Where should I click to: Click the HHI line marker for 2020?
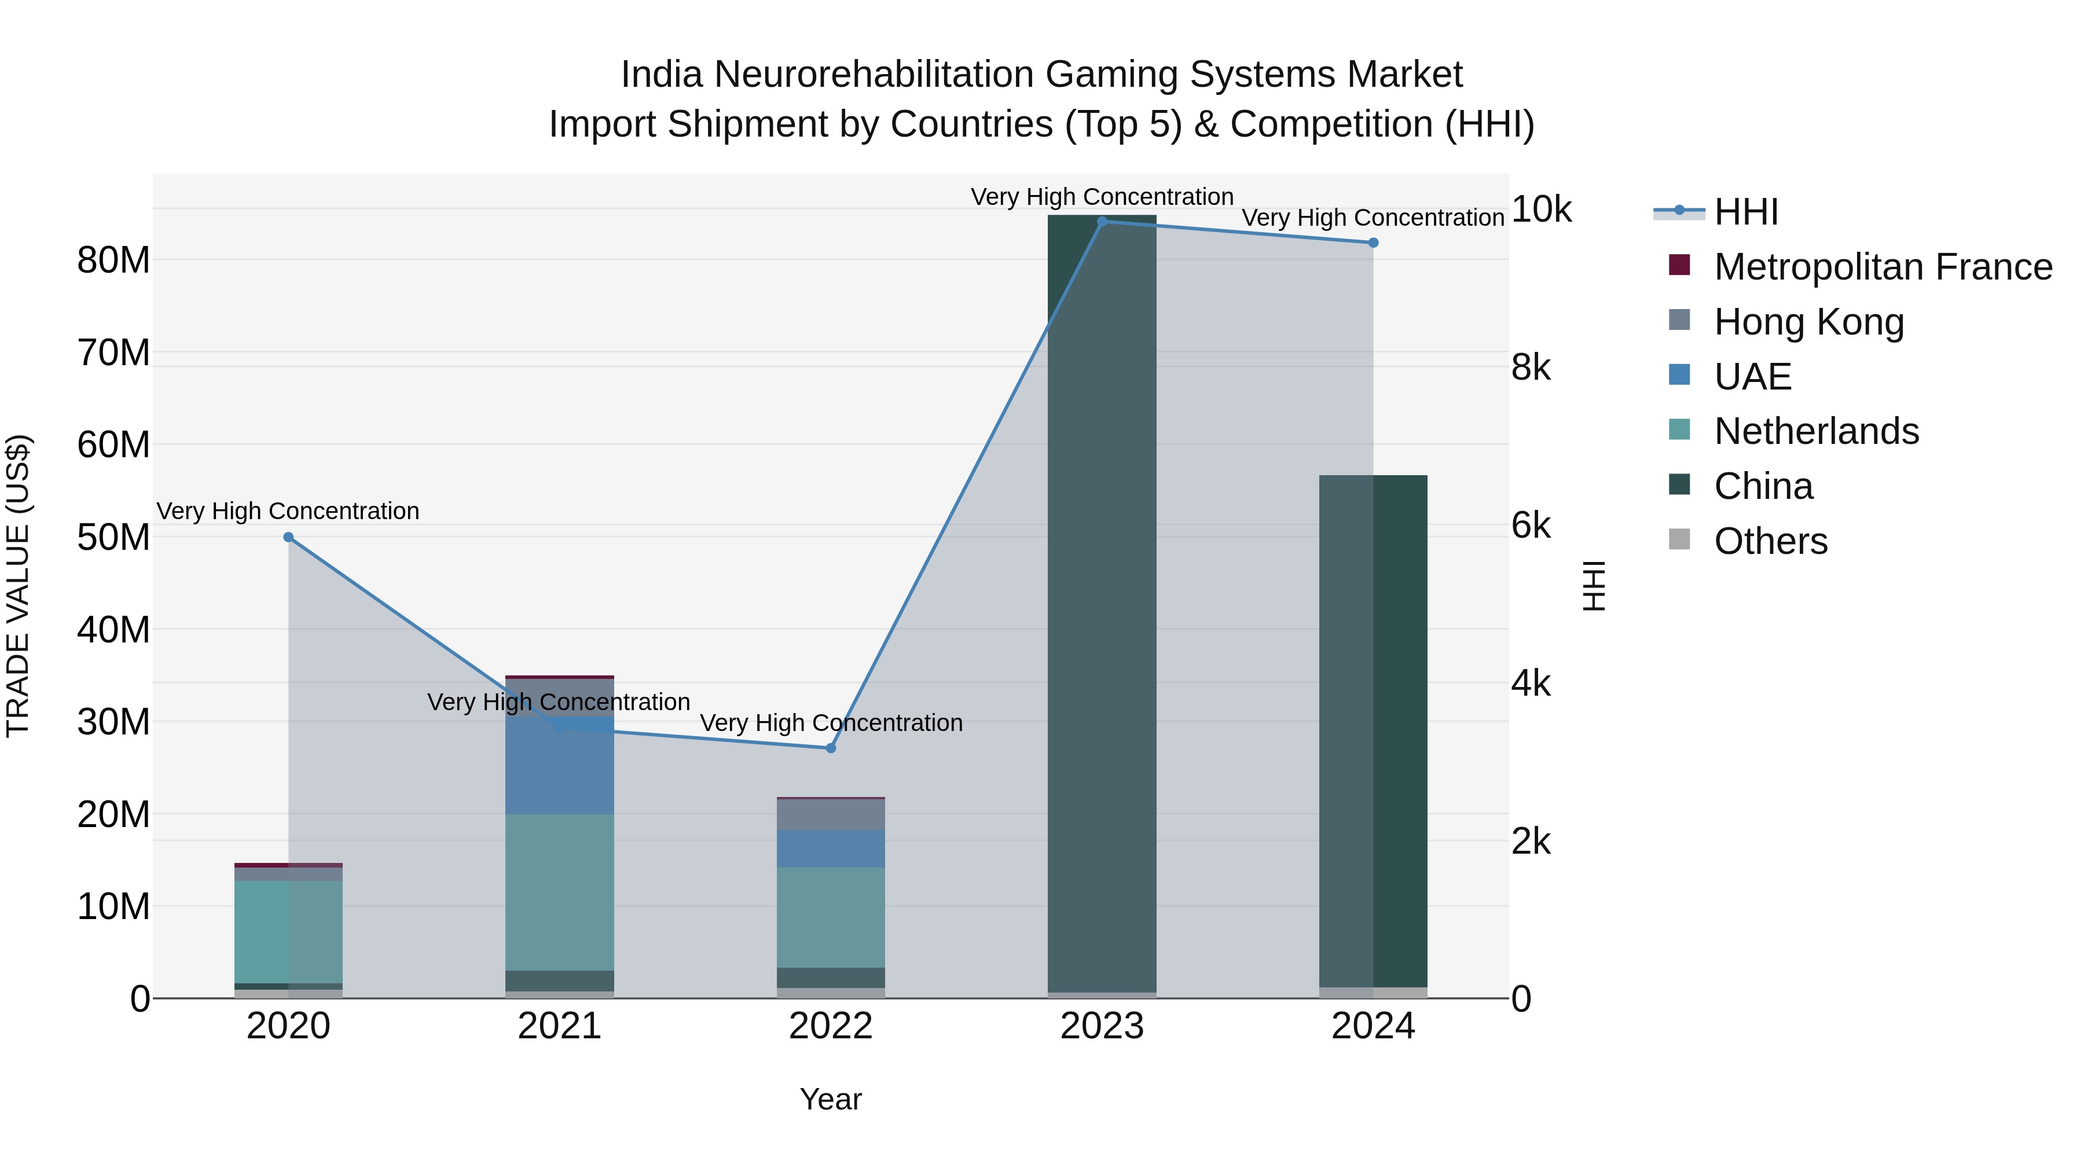pyautogui.click(x=288, y=537)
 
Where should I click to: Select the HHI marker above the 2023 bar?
pyautogui.click(x=1102, y=222)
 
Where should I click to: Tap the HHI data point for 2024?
pyautogui.click(x=1373, y=243)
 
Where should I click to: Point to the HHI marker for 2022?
pyautogui.click(x=830, y=748)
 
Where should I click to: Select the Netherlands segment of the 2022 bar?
pyautogui.click(x=830, y=917)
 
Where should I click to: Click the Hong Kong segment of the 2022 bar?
pyautogui.click(x=830, y=814)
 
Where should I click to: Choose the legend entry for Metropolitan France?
pyautogui.click(x=1883, y=267)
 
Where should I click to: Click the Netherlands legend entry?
pyautogui.click(x=1816, y=431)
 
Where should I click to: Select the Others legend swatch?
pyautogui.click(x=1679, y=539)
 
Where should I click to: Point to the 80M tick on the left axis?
pyautogui.click(x=113, y=260)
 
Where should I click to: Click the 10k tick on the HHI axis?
pyautogui.click(x=1540, y=210)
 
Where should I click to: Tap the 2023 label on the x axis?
pyautogui.click(x=1102, y=1026)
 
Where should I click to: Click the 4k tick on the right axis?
pyautogui.click(x=1531, y=684)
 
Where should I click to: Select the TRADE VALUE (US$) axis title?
pyautogui.click(x=19, y=586)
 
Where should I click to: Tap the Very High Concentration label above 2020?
pyautogui.click(x=288, y=511)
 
